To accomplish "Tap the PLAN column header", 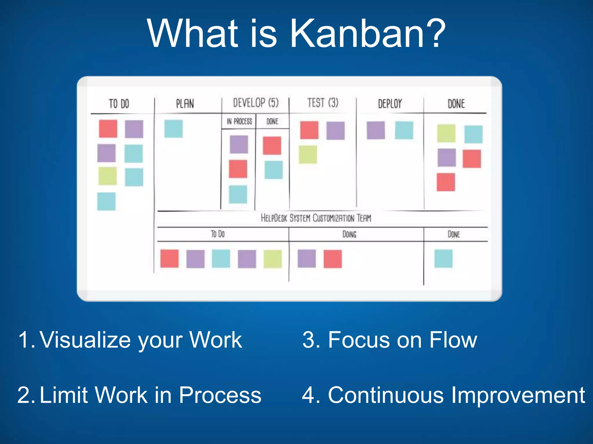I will tap(185, 103).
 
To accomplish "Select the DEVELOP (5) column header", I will tap(256, 103).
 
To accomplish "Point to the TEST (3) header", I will tap(323, 103).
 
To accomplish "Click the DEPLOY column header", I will tap(390, 103).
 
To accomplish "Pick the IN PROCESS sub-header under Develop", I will tap(239, 121).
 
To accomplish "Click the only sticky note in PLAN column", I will tap(173, 129).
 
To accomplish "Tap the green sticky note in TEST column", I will tap(308, 155).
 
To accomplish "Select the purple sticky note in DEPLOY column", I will tap(376, 130).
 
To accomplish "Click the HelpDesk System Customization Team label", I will tap(316, 218).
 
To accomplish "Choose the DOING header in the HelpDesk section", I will tap(349, 234).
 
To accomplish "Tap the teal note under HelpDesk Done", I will tap(443, 258).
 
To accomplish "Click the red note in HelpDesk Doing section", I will tap(332, 259).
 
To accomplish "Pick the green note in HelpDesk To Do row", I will tap(272, 259).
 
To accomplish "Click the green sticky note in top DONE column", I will tap(446, 133).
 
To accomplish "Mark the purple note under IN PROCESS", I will tap(239, 144).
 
